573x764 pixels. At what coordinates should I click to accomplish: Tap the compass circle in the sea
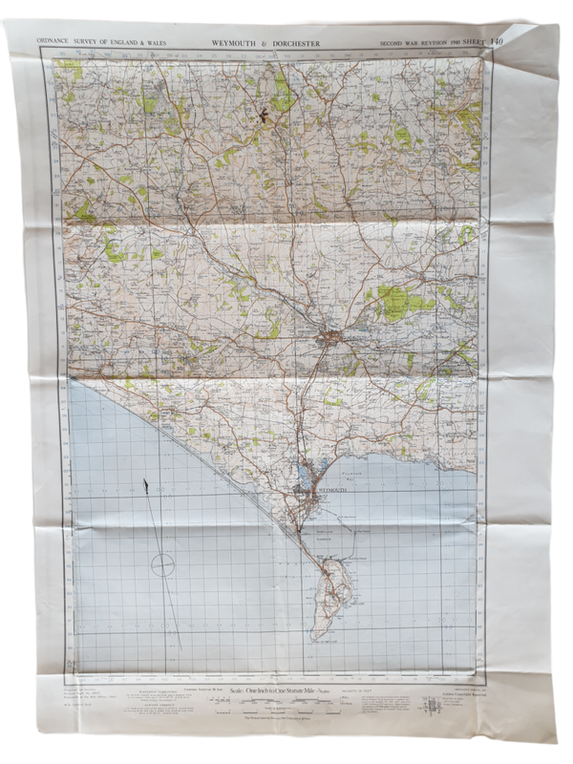click(x=163, y=564)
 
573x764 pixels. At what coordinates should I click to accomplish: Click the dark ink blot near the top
click(x=258, y=117)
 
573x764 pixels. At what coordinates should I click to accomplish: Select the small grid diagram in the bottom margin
click(x=435, y=709)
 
